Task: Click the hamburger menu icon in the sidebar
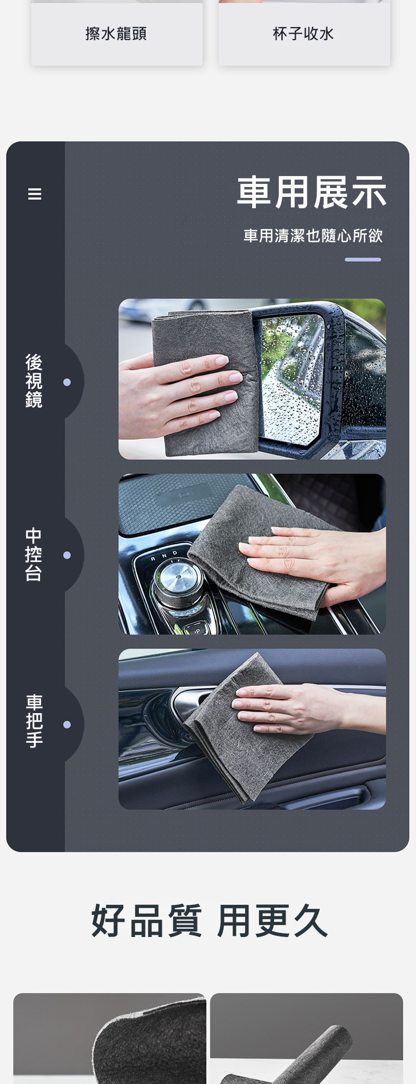pyautogui.click(x=34, y=194)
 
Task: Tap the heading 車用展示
pyautogui.click(x=312, y=193)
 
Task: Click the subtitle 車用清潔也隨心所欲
pyautogui.click(x=313, y=236)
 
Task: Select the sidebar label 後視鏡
pyautogui.click(x=34, y=381)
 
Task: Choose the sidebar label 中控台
pyautogui.click(x=34, y=554)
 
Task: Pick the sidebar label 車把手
pyautogui.click(x=34, y=721)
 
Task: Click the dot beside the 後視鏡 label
pyautogui.click(x=67, y=382)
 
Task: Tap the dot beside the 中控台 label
pyautogui.click(x=67, y=555)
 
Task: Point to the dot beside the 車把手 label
pyautogui.click(x=67, y=725)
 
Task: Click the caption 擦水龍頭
pyautogui.click(x=116, y=34)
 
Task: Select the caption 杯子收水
pyautogui.click(x=304, y=34)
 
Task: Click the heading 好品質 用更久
pyautogui.click(x=209, y=921)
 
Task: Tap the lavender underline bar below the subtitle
pyautogui.click(x=363, y=260)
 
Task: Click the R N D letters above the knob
pyautogui.click(x=164, y=555)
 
